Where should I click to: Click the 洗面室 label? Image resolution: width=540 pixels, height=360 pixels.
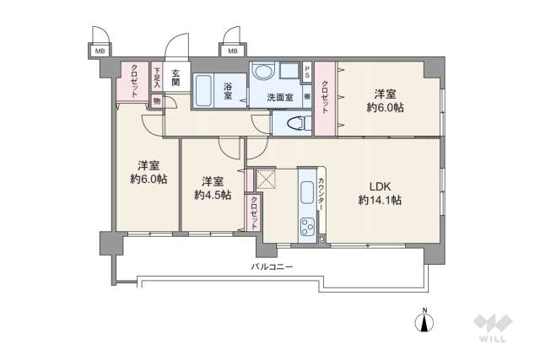point(279,98)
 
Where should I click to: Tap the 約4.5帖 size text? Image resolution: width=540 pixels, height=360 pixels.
point(213,196)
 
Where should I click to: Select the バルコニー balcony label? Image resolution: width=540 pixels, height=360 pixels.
point(272,266)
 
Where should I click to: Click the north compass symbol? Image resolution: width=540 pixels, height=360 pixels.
point(425,321)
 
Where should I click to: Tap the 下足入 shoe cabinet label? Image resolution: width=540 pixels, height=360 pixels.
point(156,78)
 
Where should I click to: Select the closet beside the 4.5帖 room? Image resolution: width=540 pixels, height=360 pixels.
point(254,212)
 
